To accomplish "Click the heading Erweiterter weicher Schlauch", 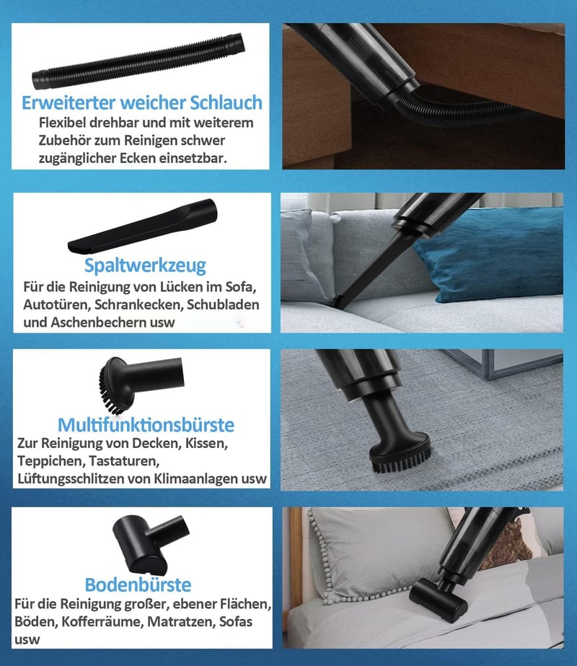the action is [x=142, y=102].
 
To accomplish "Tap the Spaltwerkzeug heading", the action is [x=145, y=266].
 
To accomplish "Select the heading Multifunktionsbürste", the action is [x=146, y=424].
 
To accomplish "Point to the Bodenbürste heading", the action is [x=138, y=584].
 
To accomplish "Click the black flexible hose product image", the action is [x=138, y=61].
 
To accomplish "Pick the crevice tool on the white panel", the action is [x=143, y=227].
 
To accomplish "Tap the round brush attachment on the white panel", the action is [x=140, y=384].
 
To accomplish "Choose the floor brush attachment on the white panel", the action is [x=150, y=544].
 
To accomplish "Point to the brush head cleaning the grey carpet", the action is [x=400, y=453].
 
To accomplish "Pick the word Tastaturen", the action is [x=124, y=461].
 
